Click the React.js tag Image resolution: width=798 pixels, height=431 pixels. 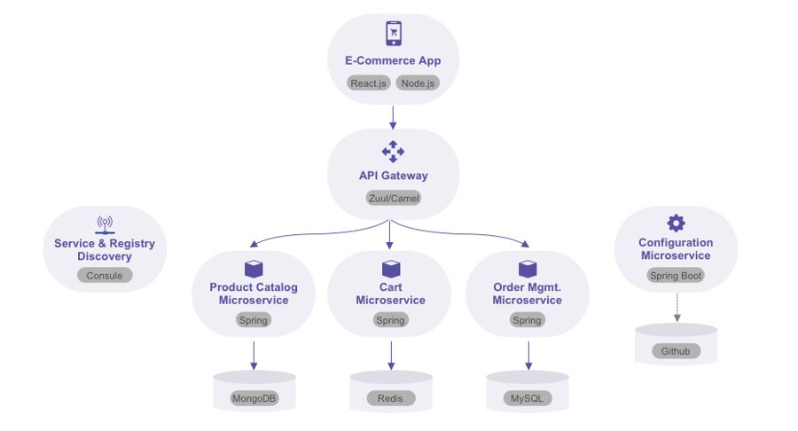click(369, 83)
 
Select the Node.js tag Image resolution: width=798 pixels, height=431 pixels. click(418, 83)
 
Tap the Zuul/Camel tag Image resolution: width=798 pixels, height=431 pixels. click(393, 198)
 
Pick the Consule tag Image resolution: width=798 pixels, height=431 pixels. click(105, 276)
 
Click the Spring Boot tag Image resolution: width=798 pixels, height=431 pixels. click(676, 276)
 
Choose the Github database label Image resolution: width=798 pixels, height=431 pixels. click(676, 351)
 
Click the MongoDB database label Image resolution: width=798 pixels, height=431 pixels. click(254, 398)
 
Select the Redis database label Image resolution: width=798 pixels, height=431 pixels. click(390, 398)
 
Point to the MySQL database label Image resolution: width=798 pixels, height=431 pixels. click(527, 398)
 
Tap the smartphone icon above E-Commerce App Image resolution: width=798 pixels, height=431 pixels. click(394, 34)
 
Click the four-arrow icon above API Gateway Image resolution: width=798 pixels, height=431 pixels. click(393, 152)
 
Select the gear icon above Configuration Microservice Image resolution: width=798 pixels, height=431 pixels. click(676, 223)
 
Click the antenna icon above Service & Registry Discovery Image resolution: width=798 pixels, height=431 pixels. click(105, 223)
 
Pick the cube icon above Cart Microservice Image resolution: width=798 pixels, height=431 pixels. click(390, 269)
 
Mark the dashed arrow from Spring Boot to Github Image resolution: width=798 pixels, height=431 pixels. click(677, 307)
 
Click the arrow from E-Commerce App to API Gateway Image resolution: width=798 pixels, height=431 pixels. click(393, 116)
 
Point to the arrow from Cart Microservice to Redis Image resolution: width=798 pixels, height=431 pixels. click(390, 354)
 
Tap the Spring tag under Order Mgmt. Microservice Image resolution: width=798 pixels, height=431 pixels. click(527, 320)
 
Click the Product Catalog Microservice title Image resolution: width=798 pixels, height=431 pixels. click(254, 294)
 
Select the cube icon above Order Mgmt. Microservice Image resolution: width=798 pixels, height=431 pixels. click(527, 269)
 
